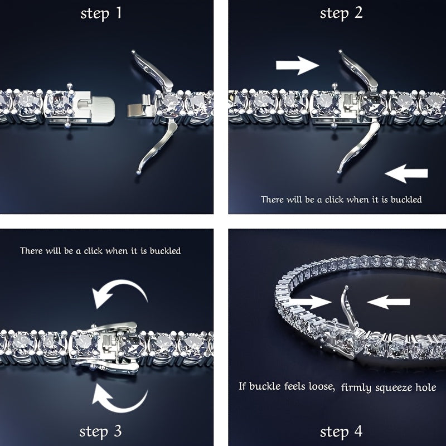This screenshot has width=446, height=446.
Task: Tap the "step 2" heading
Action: click(x=341, y=13)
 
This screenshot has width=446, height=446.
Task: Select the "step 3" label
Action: click(x=101, y=431)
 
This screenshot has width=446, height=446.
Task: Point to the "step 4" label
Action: click(x=341, y=431)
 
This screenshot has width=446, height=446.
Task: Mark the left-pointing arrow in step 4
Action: click(x=389, y=302)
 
